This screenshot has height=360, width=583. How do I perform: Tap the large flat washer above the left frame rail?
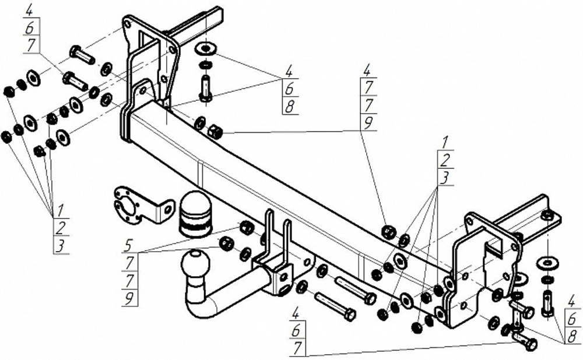(x=206, y=47)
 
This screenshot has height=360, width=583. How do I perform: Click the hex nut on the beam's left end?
(x=215, y=132)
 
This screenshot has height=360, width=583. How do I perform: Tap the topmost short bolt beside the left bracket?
(x=82, y=55)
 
